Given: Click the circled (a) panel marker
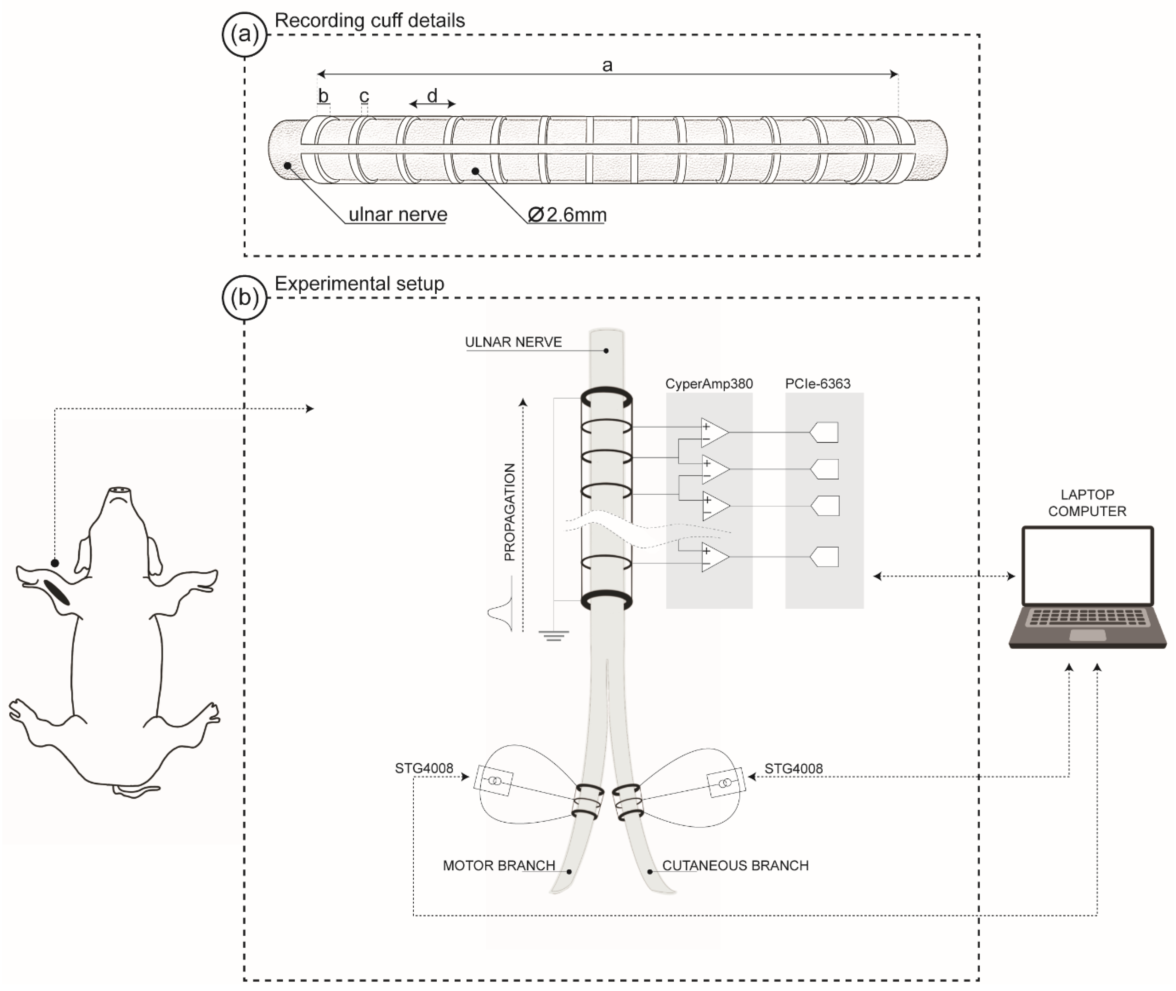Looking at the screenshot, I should click(x=244, y=35).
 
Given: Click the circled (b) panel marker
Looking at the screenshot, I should click(x=244, y=298).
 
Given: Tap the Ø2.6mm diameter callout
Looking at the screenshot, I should click(x=567, y=215).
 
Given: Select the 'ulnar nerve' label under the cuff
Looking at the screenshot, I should click(x=398, y=215).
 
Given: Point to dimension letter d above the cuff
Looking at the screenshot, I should click(x=432, y=95).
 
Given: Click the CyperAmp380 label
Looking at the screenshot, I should click(x=709, y=384).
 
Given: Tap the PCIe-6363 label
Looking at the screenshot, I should click(x=818, y=384).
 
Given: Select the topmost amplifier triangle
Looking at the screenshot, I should click(x=714, y=433).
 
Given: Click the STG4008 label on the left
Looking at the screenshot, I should click(x=424, y=769).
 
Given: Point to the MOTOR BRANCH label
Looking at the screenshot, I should click(x=499, y=866).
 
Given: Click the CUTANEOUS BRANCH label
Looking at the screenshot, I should click(x=735, y=866).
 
